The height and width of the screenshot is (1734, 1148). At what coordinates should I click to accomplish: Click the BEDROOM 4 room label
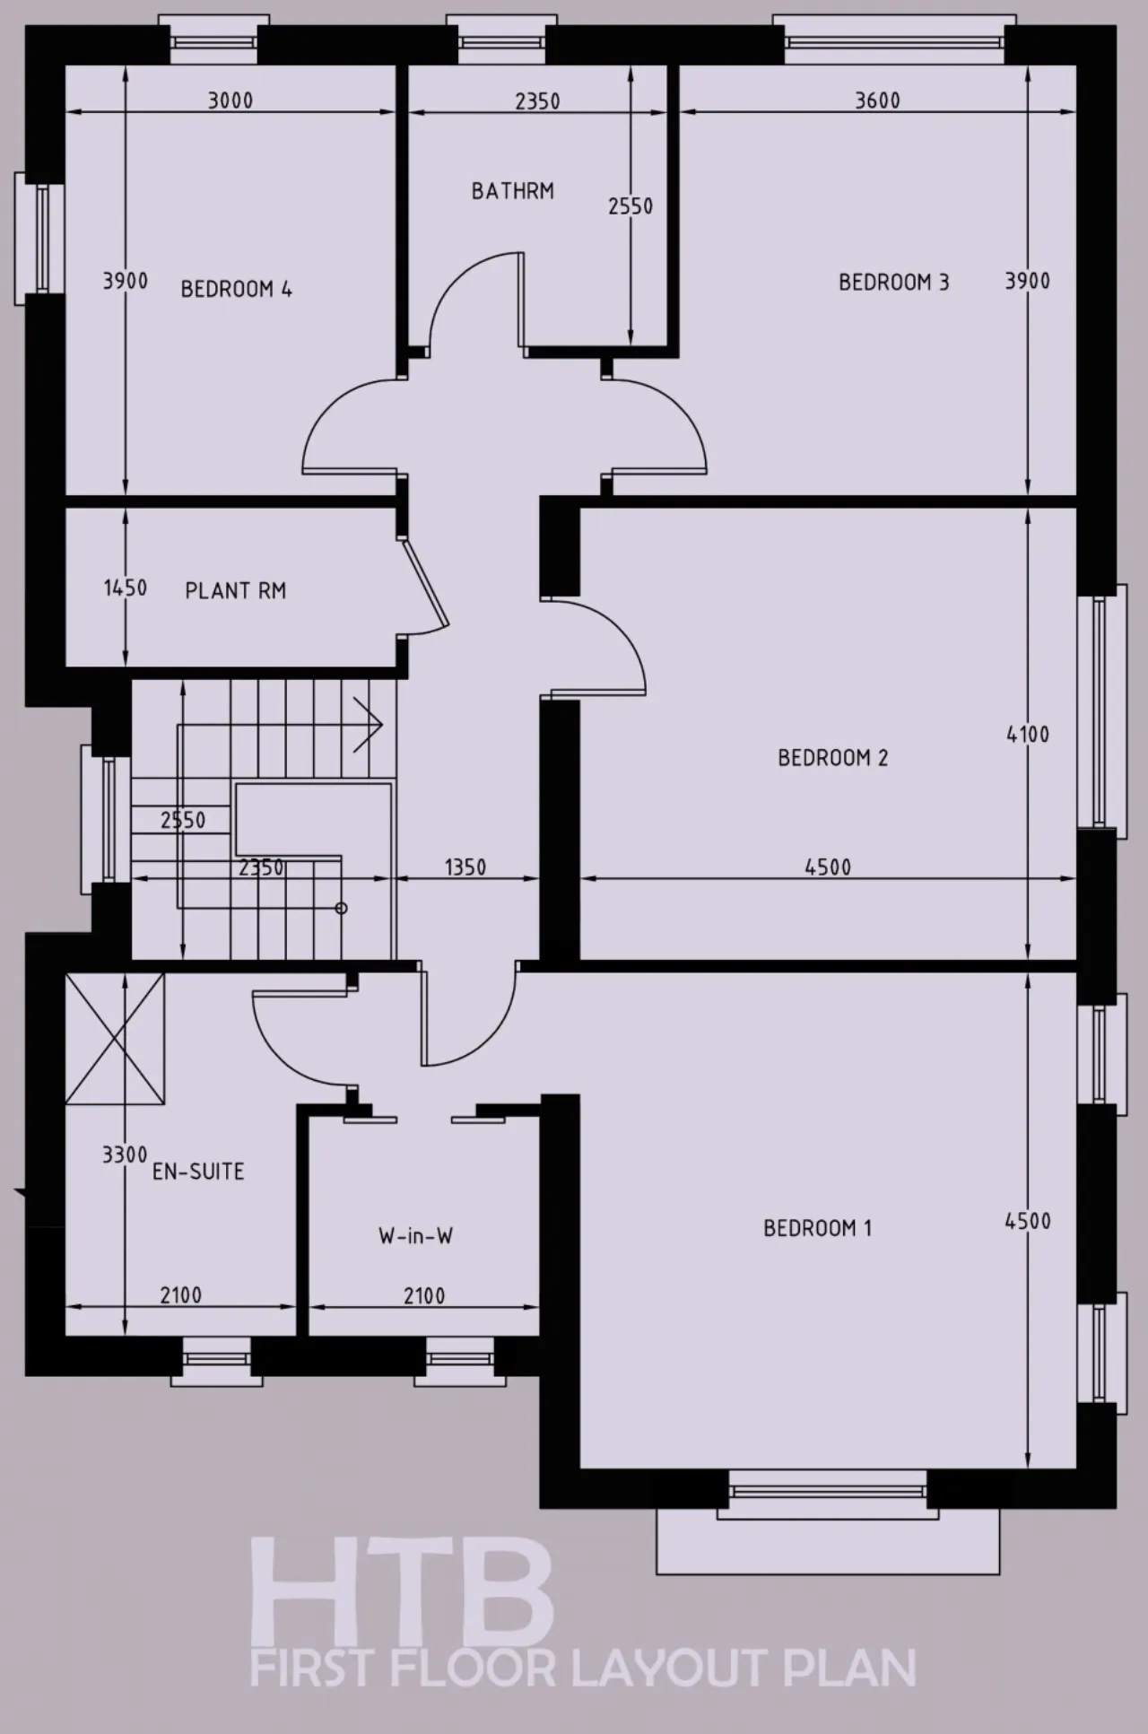coord(236,289)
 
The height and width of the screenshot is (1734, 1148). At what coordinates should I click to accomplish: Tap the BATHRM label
coord(513,190)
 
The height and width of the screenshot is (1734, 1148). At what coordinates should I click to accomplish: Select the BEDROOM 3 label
coord(893,282)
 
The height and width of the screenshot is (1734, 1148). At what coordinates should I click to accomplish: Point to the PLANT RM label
coord(235,590)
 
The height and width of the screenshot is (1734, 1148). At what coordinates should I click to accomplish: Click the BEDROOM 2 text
coord(832,757)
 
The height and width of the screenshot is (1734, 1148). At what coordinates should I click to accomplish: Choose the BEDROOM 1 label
coord(817,1227)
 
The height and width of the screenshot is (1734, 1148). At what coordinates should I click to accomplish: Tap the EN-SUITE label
coord(198,1171)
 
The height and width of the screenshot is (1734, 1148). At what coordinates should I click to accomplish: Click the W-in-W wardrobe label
coord(415,1235)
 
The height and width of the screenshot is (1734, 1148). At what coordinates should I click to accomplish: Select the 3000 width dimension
coord(230,100)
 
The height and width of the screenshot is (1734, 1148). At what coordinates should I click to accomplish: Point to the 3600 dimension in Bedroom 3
coord(877,100)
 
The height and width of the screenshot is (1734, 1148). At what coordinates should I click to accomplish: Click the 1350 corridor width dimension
coord(465,867)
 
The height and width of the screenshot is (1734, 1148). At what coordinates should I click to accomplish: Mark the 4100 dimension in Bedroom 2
coord(1028,734)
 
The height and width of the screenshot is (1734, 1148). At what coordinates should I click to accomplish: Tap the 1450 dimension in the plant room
coord(126,588)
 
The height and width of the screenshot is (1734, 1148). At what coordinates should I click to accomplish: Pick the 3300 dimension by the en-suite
coord(125,1155)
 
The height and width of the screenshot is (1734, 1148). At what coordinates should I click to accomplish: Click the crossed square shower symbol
coord(115,1039)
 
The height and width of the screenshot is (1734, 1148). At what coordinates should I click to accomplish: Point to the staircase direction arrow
coord(369,724)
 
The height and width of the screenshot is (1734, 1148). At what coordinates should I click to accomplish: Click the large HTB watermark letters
coord(401,1589)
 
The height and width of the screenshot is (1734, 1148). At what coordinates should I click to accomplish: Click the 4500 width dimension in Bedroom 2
coord(827,867)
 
